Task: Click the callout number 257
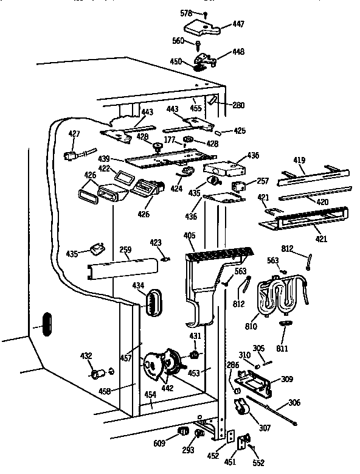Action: [263, 181]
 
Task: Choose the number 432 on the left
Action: [86, 355]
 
